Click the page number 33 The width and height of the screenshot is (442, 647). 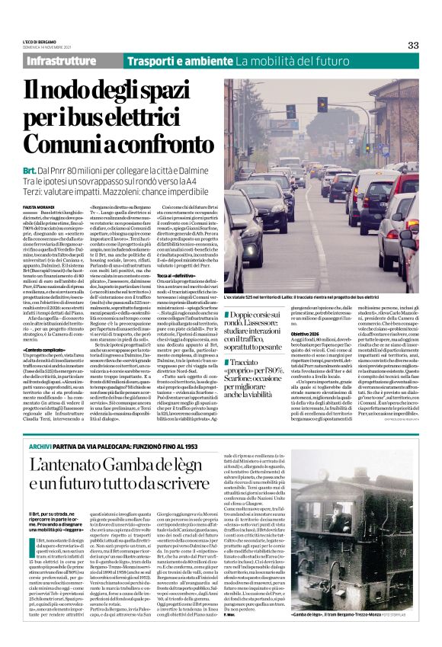click(x=412, y=45)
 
